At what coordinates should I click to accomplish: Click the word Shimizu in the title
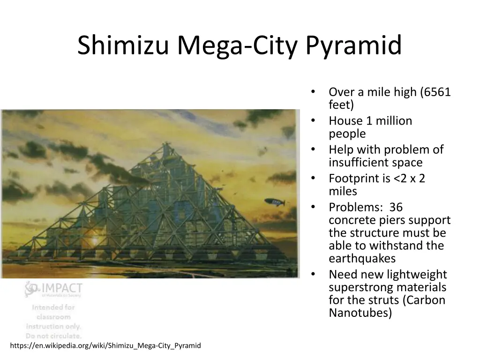coord(123,46)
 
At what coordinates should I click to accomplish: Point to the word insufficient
coord(362,163)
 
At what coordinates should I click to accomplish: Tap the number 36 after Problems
coord(396,207)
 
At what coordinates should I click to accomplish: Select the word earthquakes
coord(362,258)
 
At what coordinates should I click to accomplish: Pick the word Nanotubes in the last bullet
coord(360,313)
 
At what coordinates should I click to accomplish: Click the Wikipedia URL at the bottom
coord(105,346)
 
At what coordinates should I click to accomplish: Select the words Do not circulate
coord(54,336)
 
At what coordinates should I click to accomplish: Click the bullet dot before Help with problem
coord(313,150)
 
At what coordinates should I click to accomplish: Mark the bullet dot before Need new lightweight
coord(313,274)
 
